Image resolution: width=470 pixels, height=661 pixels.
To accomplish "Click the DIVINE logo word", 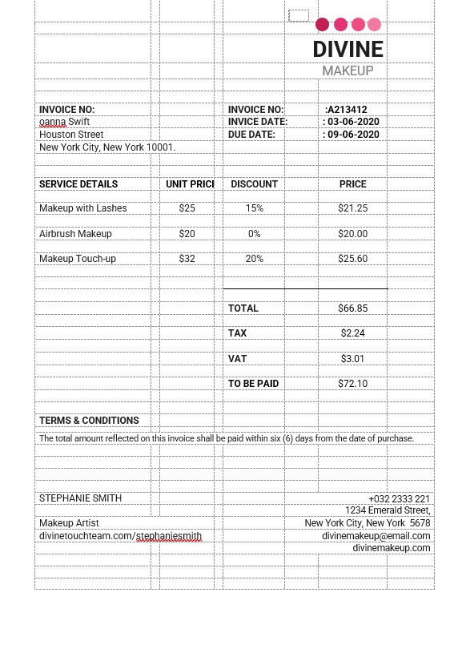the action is click(x=347, y=50).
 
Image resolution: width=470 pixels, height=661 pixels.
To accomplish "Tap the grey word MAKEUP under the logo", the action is click(x=347, y=71).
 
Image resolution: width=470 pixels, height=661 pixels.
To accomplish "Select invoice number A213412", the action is click(x=347, y=110).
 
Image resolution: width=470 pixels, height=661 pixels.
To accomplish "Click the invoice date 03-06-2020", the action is click(x=353, y=122).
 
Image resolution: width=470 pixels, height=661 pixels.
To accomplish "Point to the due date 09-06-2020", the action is click(x=353, y=135).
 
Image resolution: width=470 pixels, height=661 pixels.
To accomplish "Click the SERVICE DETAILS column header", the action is click(x=78, y=184).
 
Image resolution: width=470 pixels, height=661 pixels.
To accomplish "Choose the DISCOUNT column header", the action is click(x=254, y=184).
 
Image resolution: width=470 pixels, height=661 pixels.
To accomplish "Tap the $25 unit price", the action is click(x=187, y=208).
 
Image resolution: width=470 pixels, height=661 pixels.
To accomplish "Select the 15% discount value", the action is click(x=255, y=208).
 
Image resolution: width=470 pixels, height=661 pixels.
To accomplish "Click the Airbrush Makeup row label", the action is click(x=75, y=234).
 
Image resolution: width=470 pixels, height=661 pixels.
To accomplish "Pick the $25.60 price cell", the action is click(x=352, y=259).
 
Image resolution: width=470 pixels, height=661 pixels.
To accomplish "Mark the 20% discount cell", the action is click(x=255, y=259).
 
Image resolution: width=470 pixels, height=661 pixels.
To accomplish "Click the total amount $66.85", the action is click(x=352, y=308).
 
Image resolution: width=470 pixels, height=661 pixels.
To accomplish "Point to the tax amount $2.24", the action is click(x=352, y=333).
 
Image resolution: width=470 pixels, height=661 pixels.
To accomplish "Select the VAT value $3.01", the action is click(x=352, y=359).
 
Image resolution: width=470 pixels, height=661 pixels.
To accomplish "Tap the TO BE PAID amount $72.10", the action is click(x=352, y=384).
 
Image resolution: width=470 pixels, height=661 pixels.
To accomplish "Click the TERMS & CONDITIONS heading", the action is click(x=89, y=421).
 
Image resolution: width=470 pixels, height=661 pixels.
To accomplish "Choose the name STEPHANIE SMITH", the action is click(x=80, y=498).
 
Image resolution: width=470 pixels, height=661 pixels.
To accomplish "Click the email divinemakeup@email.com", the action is click(x=376, y=536).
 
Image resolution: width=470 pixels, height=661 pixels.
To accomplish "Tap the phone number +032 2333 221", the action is click(x=399, y=499).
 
